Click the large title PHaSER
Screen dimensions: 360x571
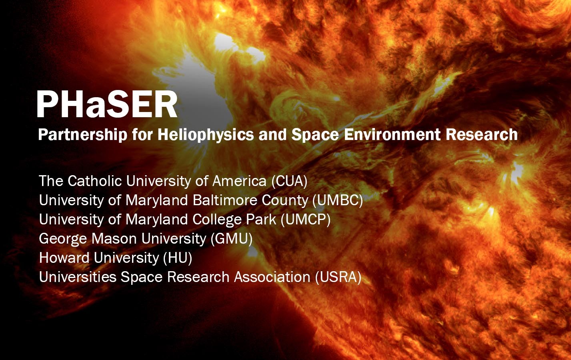[106, 104]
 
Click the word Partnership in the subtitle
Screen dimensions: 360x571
[82, 135]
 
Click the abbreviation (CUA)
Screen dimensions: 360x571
[289, 181]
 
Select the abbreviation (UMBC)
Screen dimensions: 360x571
[337, 200]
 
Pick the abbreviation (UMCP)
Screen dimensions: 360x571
[305, 219]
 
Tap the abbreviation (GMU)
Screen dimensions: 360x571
[231, 238]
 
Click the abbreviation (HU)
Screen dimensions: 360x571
[178, 258]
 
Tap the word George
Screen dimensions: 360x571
[63, 239]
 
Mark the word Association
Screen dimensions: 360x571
[272, 277]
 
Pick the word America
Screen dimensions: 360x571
[239, 181]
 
